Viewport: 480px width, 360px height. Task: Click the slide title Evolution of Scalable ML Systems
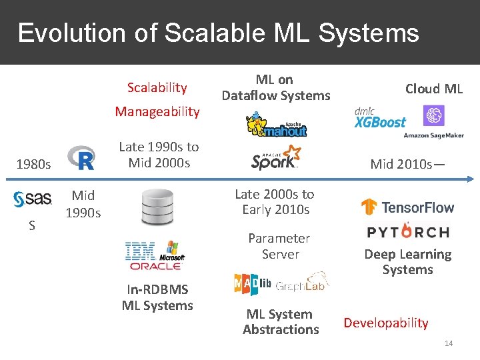click(x=218, y=33)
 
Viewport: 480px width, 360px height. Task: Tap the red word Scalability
click(x=157, y=87)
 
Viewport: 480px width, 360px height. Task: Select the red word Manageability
click(x=157, y=111)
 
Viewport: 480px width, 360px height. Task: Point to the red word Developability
click(x=386, y=323)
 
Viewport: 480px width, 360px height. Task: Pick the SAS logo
click(x=33, y=199)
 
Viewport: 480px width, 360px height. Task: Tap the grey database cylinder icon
click(x=157, y=207)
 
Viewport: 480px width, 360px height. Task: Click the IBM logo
click(x=141, y=251)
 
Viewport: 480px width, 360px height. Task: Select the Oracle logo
click(x=155, y=265)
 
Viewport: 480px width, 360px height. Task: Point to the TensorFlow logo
click(x=407, y=207)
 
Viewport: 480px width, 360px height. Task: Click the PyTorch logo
click(x=408, y=232)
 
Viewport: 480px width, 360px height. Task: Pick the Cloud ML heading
click(x=434, y=89)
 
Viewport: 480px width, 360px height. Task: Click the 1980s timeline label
click(x=33, y=164)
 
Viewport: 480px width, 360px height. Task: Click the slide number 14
click(x=449, y=343)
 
